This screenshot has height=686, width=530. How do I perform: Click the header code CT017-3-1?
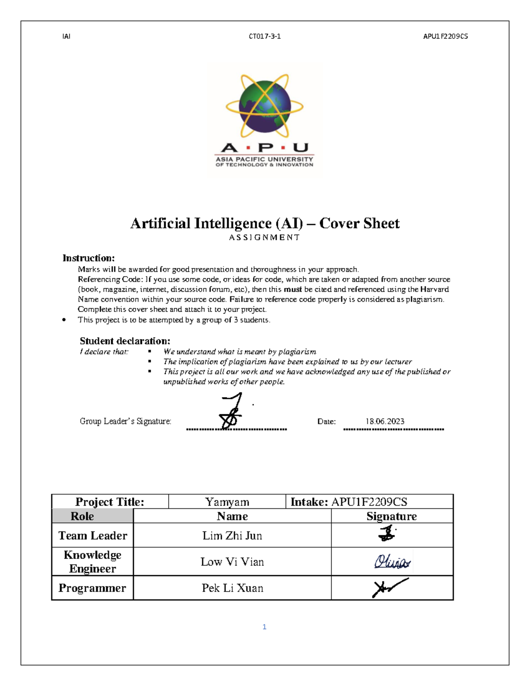point(265,36)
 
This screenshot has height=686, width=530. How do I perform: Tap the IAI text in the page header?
point(66,36)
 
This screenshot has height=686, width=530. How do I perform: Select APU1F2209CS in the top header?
point(445,36)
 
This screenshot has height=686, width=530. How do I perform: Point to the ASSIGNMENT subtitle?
point(265,238)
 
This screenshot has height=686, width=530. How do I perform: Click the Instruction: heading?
point(88,258)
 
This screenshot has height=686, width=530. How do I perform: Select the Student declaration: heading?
point(125,341)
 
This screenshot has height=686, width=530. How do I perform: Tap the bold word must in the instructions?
point(292,289)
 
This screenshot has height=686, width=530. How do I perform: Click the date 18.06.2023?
point(385,421)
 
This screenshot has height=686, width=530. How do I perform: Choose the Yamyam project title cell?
point(227,502)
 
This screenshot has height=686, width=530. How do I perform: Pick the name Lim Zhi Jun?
point(232,535)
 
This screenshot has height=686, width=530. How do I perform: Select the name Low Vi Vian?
point(232,562)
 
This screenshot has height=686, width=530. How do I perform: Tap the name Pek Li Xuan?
point(232,588)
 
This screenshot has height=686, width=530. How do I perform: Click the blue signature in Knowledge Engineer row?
point(392,562)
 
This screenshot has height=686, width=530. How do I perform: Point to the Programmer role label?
point(92,588)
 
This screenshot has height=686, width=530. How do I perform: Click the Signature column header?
point(392,516)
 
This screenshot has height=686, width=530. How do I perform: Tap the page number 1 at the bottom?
point(264,627)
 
